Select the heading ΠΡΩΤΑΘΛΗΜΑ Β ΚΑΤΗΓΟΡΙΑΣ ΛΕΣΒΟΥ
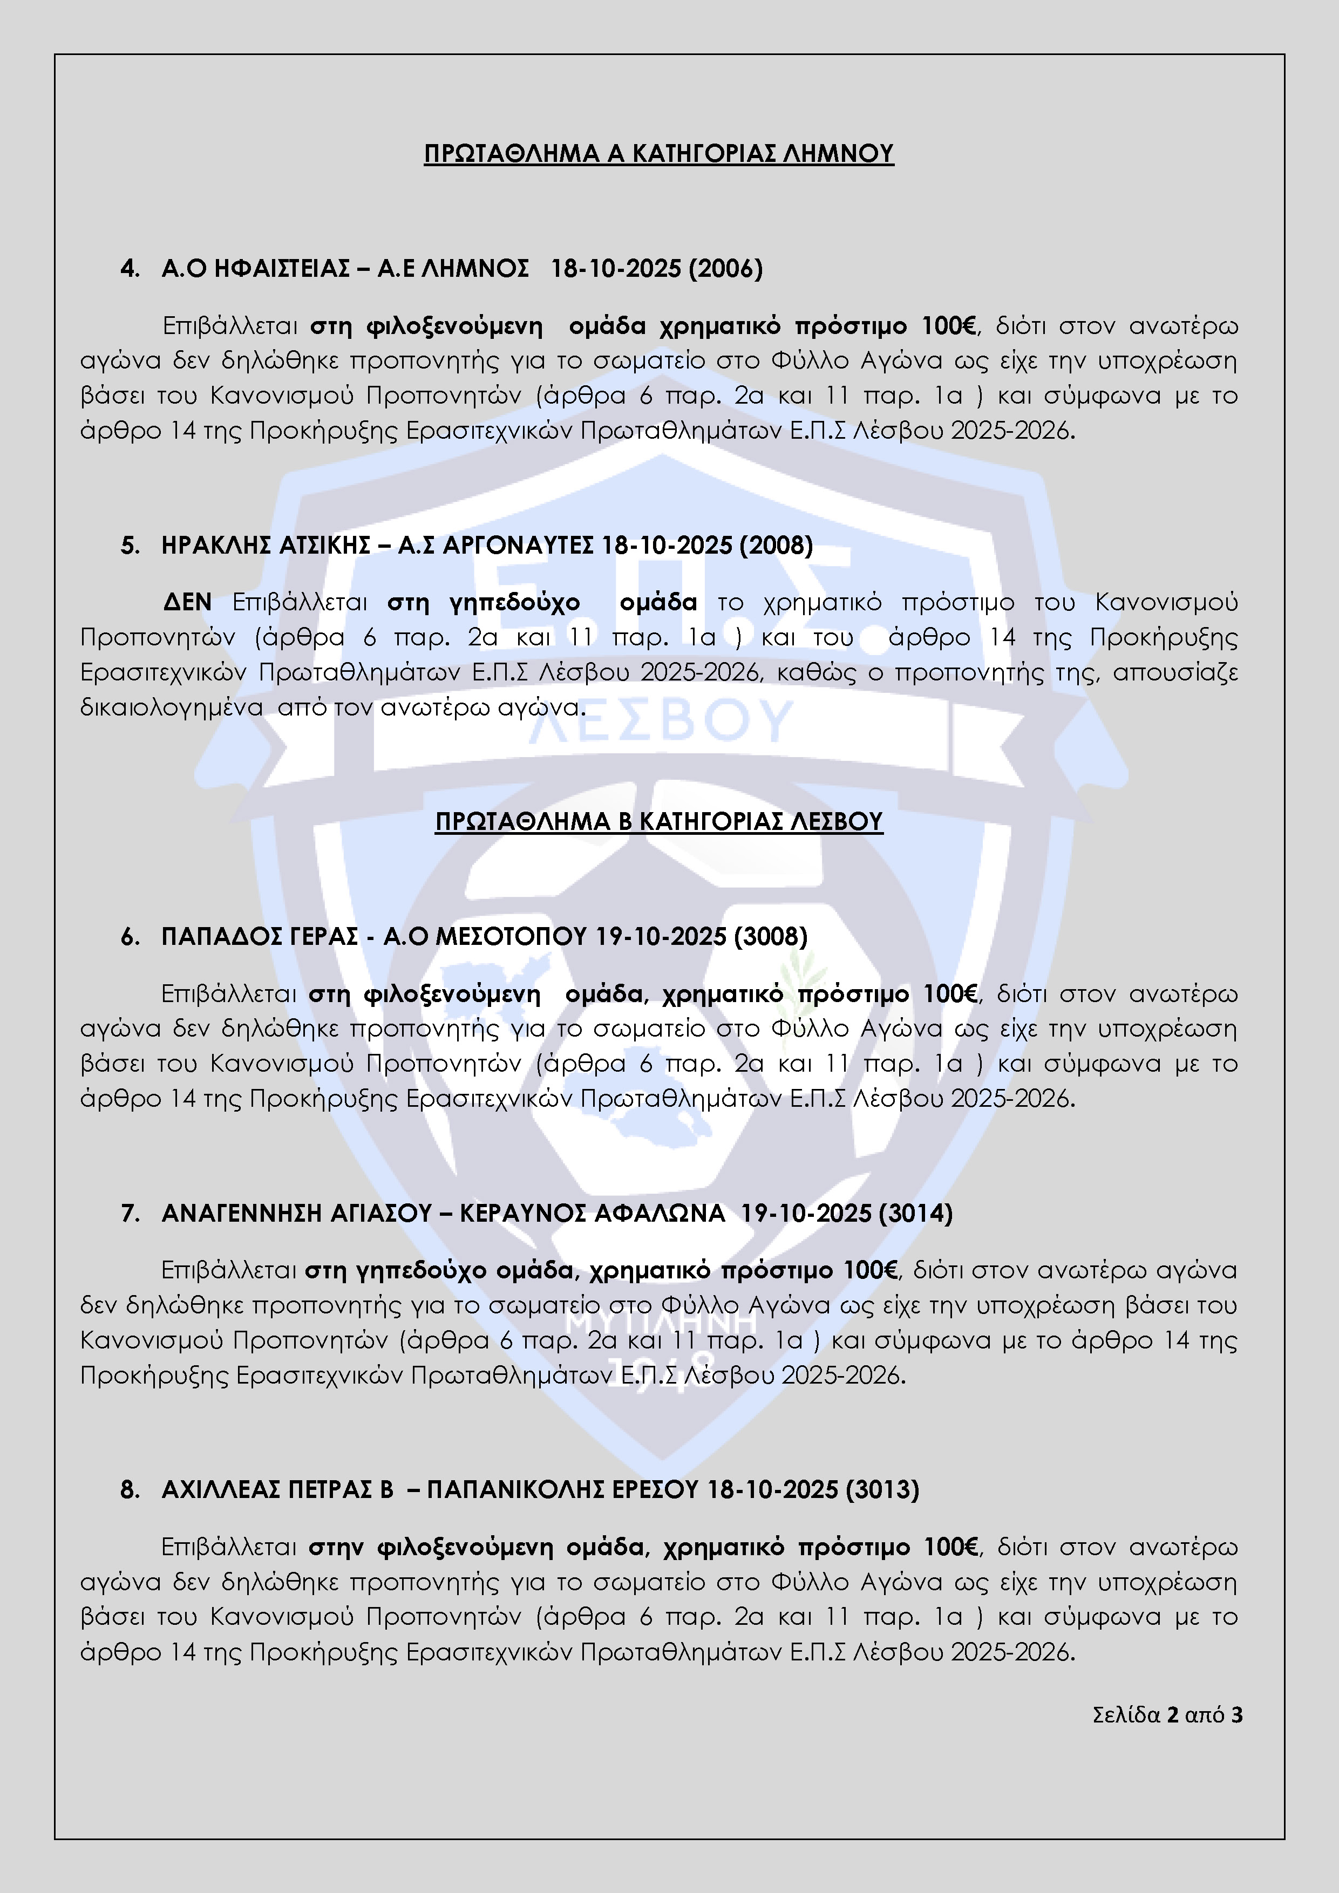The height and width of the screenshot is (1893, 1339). [x=659, y=821]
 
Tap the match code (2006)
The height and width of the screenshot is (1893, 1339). [x=725, y=269]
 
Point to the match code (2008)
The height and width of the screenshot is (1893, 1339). [x=776, y=545]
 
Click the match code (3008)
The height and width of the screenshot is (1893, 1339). [x=770, y=937]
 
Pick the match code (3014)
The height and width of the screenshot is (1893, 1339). [x=915, y=1213]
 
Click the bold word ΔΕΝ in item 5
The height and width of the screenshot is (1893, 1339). [x=187, y=603]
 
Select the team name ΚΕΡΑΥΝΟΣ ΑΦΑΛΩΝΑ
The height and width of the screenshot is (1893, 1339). [x=592, y=1213]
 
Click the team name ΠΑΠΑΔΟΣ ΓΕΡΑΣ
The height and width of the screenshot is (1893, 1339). [x=260, y=937]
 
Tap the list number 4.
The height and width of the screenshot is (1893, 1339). [x=130, y=269]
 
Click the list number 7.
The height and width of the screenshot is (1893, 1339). [x=130, y=1213]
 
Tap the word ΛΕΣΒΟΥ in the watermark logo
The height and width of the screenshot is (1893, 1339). [x=660, y=721]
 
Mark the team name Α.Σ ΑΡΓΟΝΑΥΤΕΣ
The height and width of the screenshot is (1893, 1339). [x=495, y=545]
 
